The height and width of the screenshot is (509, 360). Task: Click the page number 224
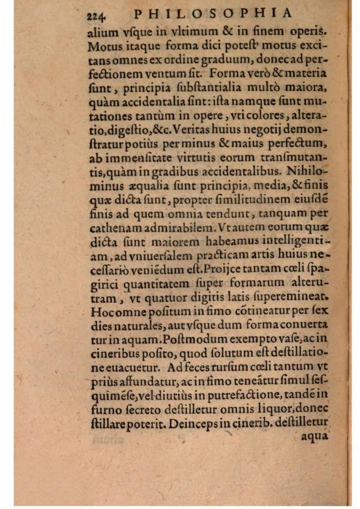[98, 14]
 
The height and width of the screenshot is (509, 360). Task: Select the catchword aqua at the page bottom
[315, 436]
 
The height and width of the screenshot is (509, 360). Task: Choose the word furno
[105, 408]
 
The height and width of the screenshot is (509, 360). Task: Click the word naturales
[134, 326]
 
